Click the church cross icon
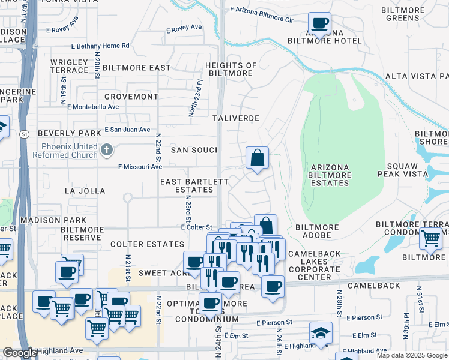106,149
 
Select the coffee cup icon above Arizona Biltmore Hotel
320,23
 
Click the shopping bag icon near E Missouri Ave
257,158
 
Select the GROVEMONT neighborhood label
131,97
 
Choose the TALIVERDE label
237,119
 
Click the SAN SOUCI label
194,149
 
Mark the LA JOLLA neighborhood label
85,191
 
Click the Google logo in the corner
20,353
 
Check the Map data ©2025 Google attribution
411,355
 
